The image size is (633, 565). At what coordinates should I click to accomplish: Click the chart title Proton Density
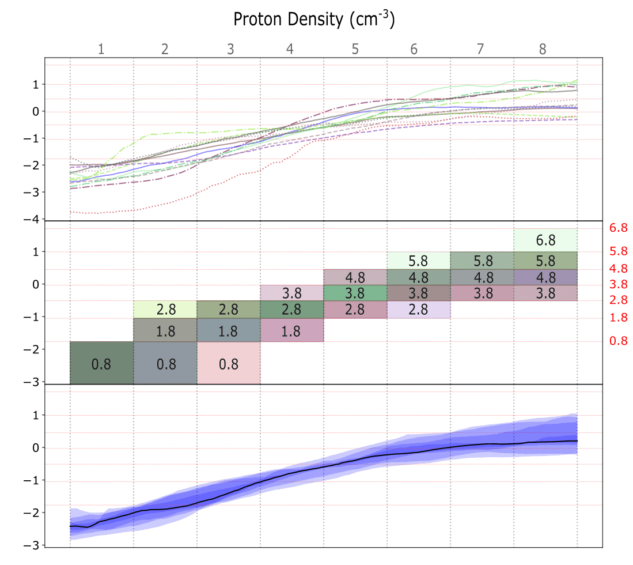click(314, 19)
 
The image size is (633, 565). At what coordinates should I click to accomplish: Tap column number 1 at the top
click(101, 49)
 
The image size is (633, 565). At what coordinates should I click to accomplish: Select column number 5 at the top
click(355, 49)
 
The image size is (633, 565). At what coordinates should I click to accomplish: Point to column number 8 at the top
click(543, 49)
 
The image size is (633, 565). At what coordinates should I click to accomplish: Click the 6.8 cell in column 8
click(545, 240)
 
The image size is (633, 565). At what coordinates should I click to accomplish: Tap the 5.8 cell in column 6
click(418, 261)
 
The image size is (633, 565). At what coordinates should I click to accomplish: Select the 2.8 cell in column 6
click(418, 310)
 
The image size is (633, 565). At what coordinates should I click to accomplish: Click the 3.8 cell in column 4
click(292, 293)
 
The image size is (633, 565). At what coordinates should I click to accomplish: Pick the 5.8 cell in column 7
click(482, 261)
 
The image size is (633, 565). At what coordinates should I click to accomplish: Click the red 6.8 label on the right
click(618, 228)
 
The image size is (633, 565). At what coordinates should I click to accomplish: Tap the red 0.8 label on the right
click(618, 341)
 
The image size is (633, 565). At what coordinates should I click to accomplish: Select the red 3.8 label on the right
click(618, 284)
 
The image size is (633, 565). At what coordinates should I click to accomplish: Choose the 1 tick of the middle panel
click(39, 252)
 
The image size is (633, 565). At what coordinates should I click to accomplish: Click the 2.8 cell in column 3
click(229, 310)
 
